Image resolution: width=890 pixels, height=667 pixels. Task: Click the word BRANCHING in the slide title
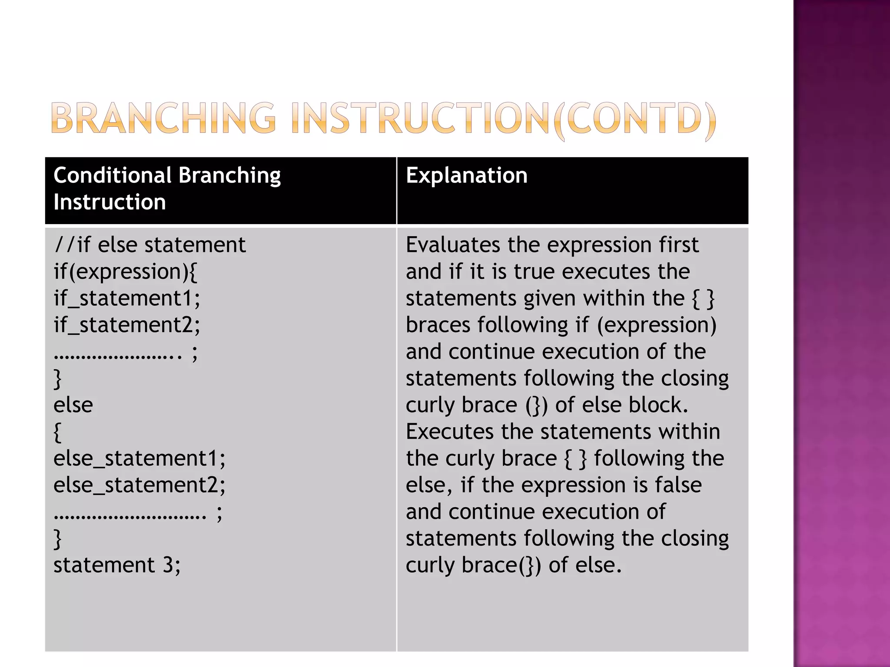[x=163, y=118]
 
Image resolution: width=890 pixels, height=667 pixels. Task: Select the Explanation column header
[x=466, y=175]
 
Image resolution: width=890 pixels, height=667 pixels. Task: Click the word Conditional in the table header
[x=113, y=175]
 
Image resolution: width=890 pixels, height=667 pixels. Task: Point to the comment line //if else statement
[x=149, y=245]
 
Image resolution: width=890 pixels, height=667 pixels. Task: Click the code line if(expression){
[x=125, y=272]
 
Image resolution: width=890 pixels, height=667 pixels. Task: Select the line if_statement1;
[x=127, y=299]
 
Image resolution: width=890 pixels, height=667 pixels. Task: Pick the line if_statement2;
[x=127, y=325]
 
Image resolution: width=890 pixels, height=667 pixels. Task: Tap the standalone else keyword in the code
[x=73, y=405]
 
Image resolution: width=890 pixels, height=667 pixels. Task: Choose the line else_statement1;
[x=139, y=459]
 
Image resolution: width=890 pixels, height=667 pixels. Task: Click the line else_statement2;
[x=139, y=485]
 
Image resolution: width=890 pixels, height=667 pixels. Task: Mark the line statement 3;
[x=117, y=565]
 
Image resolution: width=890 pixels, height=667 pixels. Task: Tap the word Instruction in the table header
[x=110, y=202]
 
